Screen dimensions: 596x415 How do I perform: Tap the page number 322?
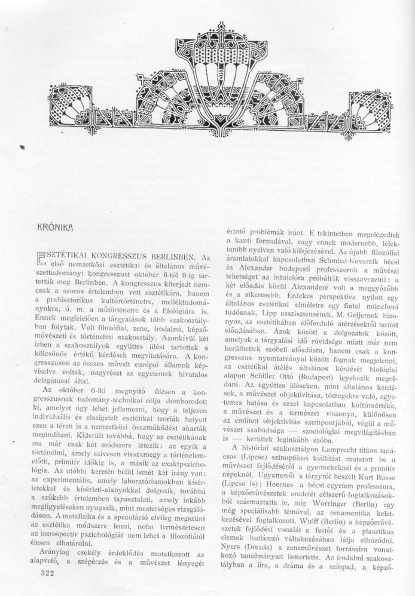(x=37, y=572)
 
